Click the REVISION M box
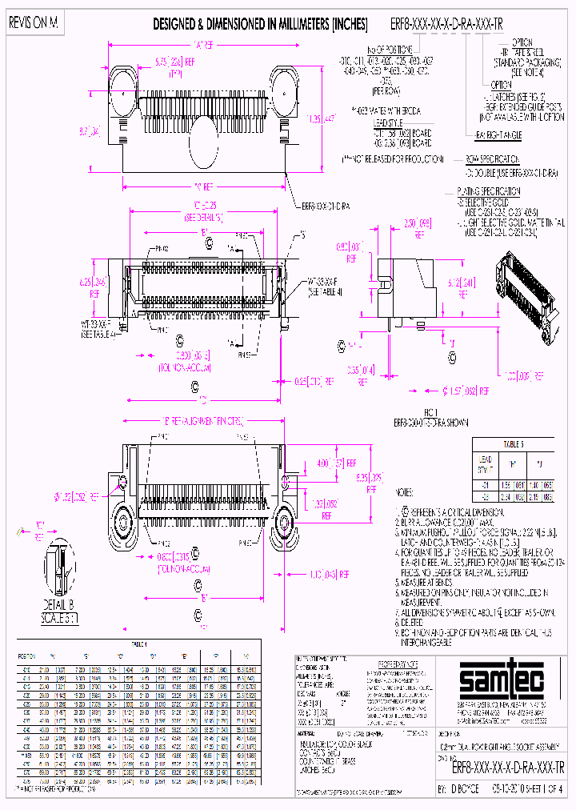(x=34, y=24)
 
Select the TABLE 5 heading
(x=511, y=442)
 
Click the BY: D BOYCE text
(x=462, y=788)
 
